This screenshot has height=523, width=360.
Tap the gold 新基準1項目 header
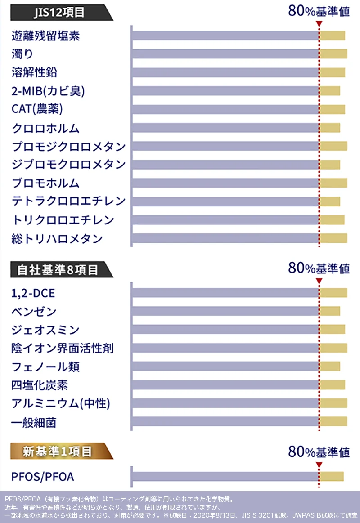tap(58, 451)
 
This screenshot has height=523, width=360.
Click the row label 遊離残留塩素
tap(45, 36)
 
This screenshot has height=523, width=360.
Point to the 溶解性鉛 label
tap(34, 72)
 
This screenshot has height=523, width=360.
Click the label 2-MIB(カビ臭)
tap(48, 91)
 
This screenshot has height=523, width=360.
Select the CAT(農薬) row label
tap(37, 109)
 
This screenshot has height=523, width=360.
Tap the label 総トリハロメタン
tap(57, 239)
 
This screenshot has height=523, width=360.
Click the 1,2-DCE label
tap(33, 293)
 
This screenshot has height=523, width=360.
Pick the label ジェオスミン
tap(45, 330)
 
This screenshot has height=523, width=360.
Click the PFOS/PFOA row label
tap(43, 476)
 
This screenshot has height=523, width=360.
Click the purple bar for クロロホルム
tap(225, 128)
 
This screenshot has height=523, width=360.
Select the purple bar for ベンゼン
tap(225, 311)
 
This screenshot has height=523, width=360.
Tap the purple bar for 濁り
tap(225, 54)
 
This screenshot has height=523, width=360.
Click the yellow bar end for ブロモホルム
tap(333, 183)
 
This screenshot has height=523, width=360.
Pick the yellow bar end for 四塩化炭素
tap(333, 384)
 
